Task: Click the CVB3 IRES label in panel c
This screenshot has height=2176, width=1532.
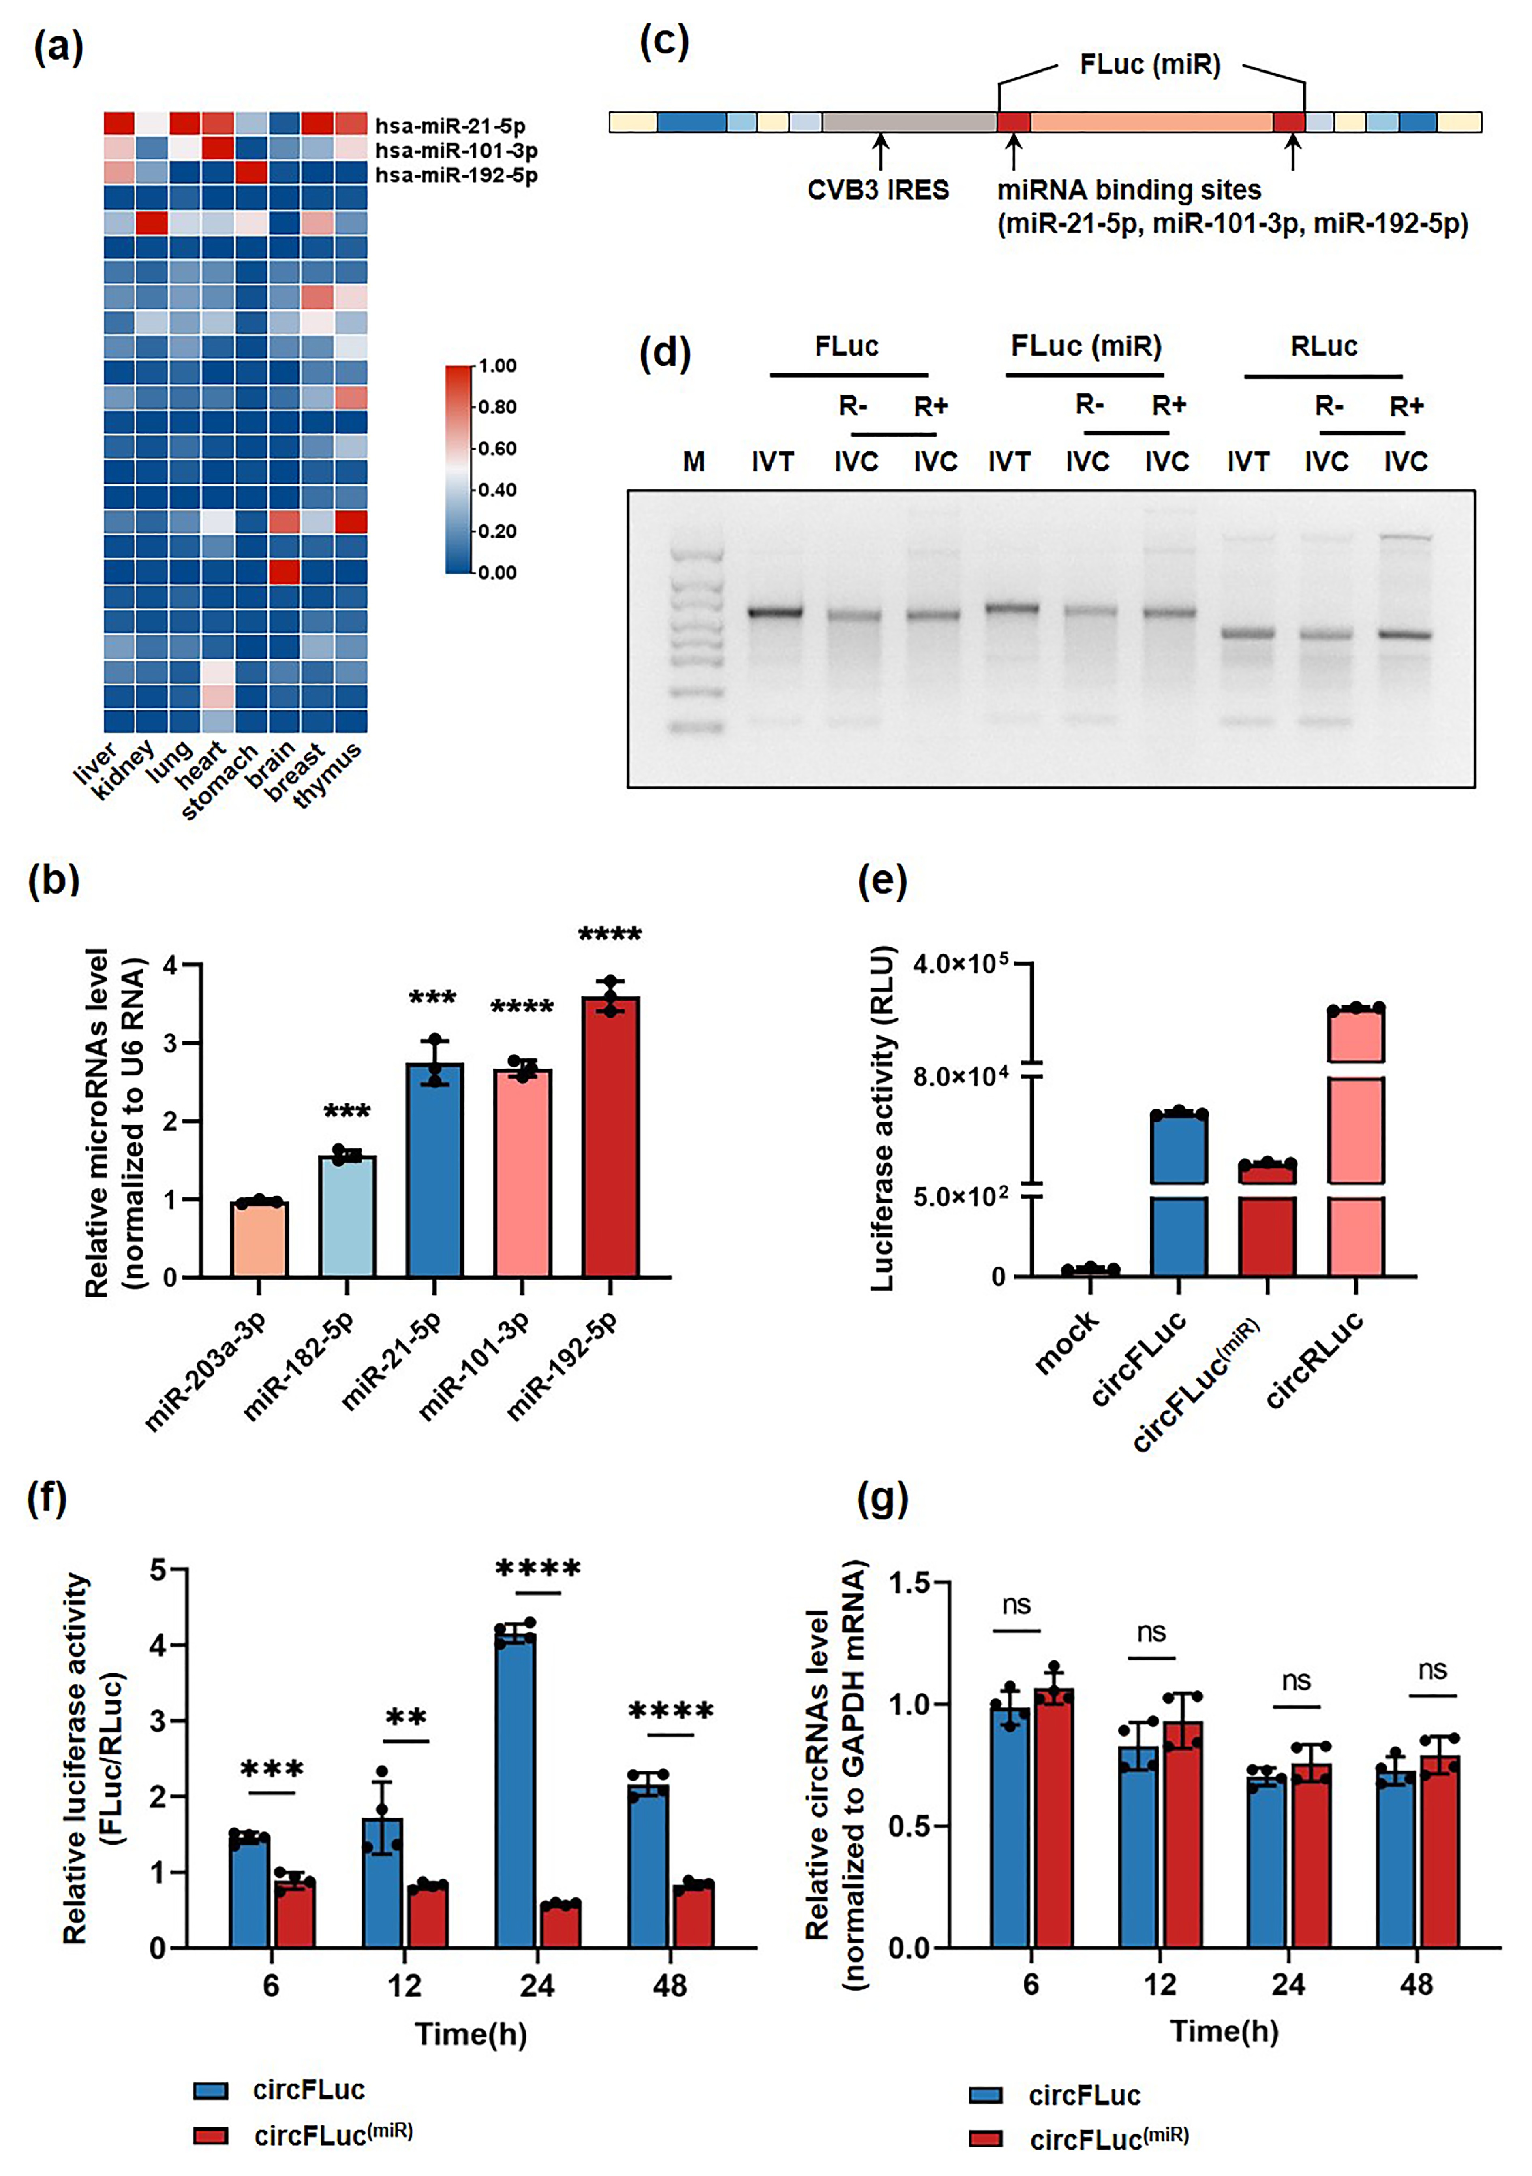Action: click(x=878, y=190)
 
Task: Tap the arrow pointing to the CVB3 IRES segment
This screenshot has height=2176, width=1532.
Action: click(x=881, y=151)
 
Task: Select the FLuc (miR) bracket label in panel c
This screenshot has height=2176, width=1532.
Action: click(x=1150, y=65)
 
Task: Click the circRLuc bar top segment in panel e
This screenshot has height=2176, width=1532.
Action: click(x=1356, y=1035)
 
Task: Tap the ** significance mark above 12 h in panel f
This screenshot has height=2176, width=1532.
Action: click(x=406, y=1717)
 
